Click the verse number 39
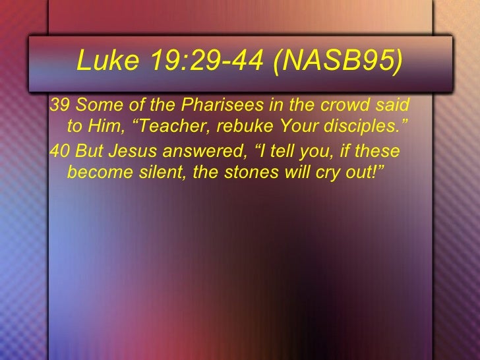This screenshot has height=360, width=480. pos(60,105)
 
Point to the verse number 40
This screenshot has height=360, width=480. pos(60,152)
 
